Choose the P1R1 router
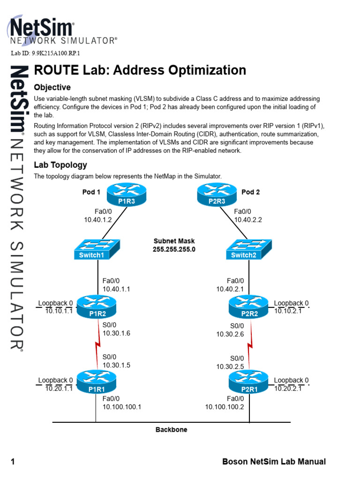tap(96, 382)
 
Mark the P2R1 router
tap(249, 382)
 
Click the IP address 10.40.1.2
tap(98, 219)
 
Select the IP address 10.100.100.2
tap(225, 407)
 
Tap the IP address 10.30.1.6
tap(117, 334)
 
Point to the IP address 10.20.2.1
tap(288, 388)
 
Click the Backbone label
tap(171, 429)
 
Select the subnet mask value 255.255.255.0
tap(174, 249)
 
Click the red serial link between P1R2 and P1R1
tap(98, 345)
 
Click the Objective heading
tap(52, 88)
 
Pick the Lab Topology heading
tap(60, 165)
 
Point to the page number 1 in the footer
tap(13, 462)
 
